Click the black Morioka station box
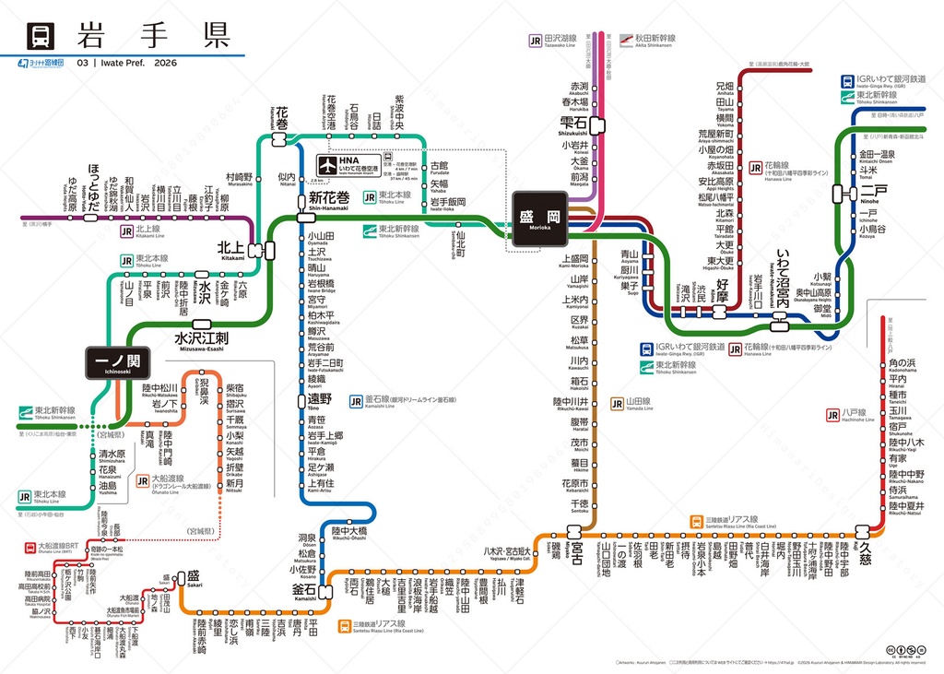[539, 218]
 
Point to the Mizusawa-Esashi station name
[202, 339]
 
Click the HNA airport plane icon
[324, 160]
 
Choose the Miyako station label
[577, 549]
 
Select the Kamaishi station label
[304, 589]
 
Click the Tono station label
[319, 400]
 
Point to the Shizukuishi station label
[579, 124]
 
